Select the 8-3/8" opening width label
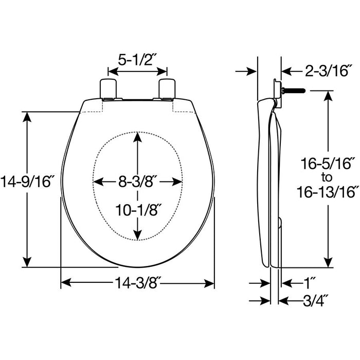point(137,182)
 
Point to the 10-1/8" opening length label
point(137,210)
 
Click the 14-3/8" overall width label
point(137,283)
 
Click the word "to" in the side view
point(327,177)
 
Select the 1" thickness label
point(309,283)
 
